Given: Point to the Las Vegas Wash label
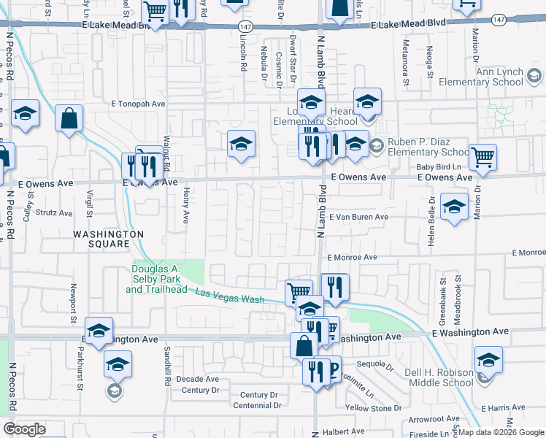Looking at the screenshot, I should [x=230, y=296].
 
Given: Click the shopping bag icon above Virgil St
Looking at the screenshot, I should [x=69, y=118].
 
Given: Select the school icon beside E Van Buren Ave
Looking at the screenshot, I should [x=454, y=208].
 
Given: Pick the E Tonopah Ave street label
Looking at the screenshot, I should [x=138, y=104].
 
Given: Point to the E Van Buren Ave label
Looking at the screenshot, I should [x=358, y=217].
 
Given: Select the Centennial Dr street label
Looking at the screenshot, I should [x=257, y=405].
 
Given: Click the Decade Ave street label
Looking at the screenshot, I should [x=198, y=379].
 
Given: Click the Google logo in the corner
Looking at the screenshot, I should [x=24, y=429].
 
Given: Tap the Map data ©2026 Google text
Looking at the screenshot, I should [x=500, y=432].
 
